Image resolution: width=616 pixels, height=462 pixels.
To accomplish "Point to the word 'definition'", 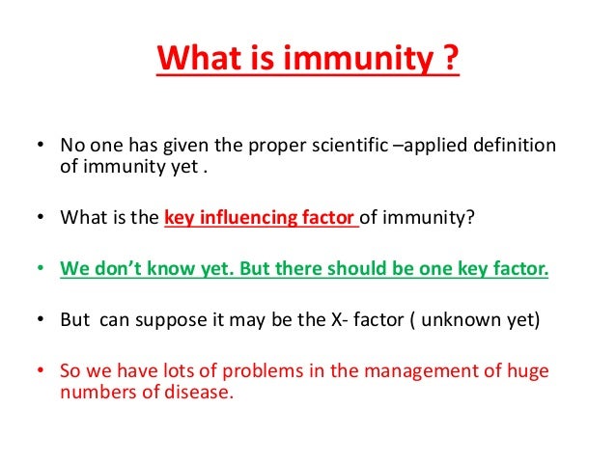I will [x=515, y=145].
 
